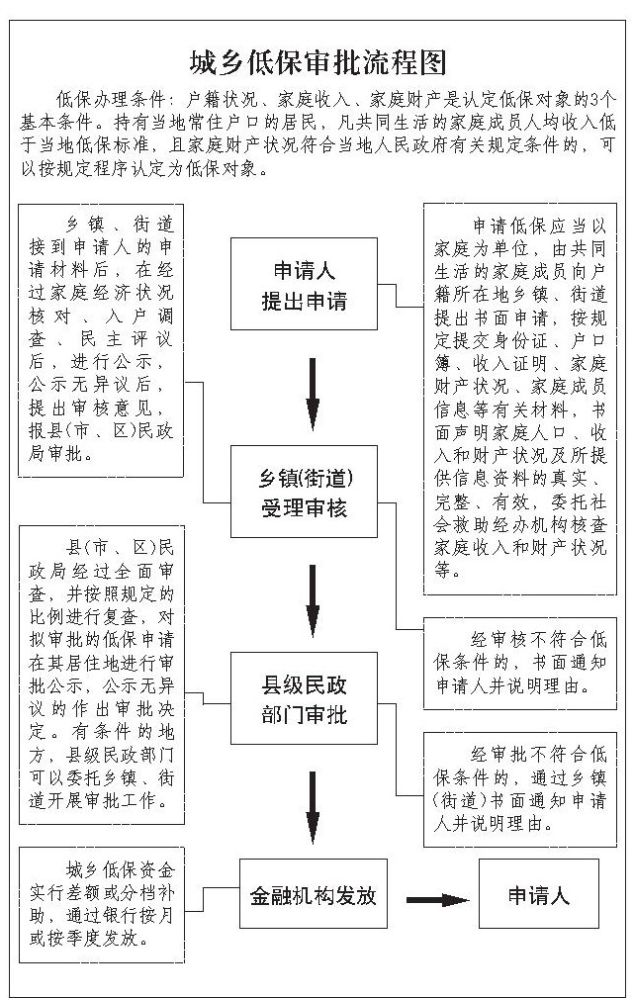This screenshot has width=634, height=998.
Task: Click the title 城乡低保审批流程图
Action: tap(317, 64)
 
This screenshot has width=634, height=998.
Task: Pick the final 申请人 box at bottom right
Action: tap(539, 896)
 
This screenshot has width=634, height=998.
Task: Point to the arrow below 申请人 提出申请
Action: tap(313, 387)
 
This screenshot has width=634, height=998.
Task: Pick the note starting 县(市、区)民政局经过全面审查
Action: tap(102, 674)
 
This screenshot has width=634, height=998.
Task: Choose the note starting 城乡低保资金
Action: tap(102, 905)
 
